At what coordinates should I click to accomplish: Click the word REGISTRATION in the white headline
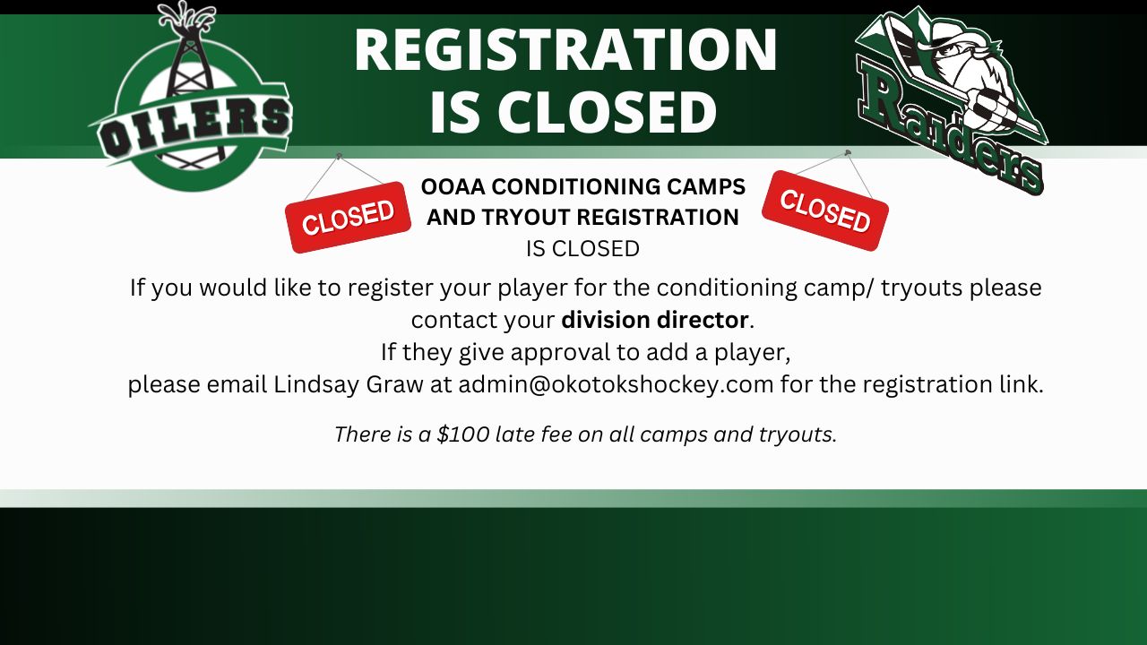[x=565, y=49]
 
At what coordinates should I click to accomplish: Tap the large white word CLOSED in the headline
[x=607, y=113]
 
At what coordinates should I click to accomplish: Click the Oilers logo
[x=192, y=98]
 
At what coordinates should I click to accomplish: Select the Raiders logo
[x=950, y=99]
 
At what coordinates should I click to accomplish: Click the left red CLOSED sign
[x=349, y=217]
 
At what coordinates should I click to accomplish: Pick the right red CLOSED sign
[x=825, y=211]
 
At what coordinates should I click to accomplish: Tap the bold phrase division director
[x=655, y=320]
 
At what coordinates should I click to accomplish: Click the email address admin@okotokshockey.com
[x=616, y=384]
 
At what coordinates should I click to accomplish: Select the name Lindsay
[x=316, y=385]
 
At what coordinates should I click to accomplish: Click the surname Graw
[x=394, y=384]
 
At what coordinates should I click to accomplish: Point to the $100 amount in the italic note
[x=463, y=434]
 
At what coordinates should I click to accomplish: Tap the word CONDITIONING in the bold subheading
[x=575, y=187]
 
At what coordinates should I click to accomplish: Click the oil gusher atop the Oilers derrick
[x=186, y=18]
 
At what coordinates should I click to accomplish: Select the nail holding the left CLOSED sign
[x=339, y=155]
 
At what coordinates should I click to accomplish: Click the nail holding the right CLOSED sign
[x=848, y=152]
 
